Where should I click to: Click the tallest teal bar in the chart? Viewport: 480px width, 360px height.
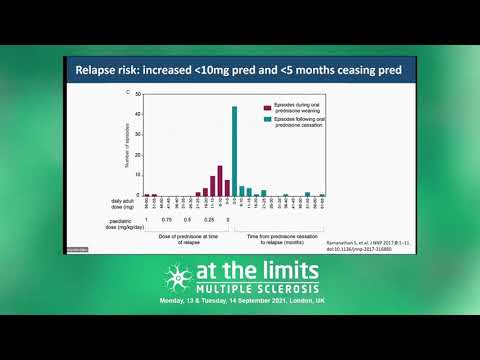point(234,150)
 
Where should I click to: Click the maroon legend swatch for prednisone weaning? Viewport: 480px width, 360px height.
point(266,105)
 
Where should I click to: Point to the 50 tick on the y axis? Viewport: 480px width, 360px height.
point(138,95)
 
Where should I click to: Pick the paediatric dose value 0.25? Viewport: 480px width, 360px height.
point(210,219)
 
